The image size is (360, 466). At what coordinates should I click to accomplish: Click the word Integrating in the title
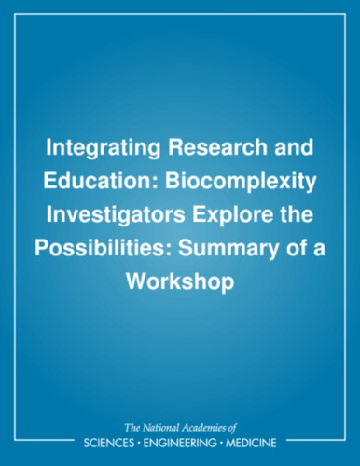(103, 149)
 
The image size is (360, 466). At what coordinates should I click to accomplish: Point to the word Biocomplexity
(241, 183)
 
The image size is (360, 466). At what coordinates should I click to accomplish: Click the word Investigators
(116, 216)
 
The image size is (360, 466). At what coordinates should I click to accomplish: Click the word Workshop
(180, 283)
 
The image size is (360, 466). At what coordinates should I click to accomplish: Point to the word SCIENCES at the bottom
(108, 443)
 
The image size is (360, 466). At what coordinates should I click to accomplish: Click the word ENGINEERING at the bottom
(179, 443)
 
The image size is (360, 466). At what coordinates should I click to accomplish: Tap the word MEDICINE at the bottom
(251, 443)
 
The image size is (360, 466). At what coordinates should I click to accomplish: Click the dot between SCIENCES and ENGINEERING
(138, 443)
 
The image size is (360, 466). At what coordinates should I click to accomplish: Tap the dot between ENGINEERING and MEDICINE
(221, 443)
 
